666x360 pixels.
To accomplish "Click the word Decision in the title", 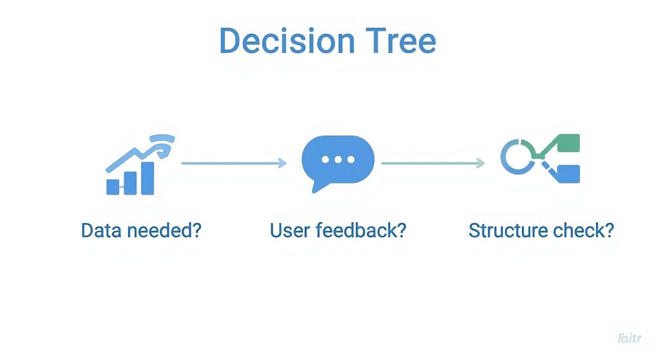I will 287,41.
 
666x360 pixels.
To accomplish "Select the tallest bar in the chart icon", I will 147,178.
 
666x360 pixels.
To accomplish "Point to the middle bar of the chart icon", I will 130,182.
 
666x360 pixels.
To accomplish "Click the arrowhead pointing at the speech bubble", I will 282,163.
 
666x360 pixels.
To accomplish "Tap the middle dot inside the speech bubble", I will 338,159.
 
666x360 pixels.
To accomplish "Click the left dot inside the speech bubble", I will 326,159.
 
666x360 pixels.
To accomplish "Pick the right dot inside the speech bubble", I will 351,159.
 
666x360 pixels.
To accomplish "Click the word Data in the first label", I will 99,230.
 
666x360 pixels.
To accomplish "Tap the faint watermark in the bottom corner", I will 629,338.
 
